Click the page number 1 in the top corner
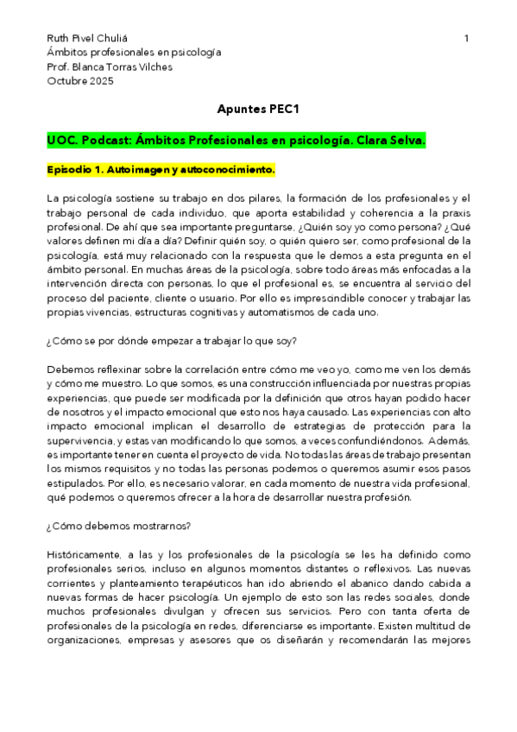click(x=466, y=38)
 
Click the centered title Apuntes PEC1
click(x=258, y=110)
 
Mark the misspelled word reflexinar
click(x=113, y=369)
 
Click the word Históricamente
click(x=88, y=553)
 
